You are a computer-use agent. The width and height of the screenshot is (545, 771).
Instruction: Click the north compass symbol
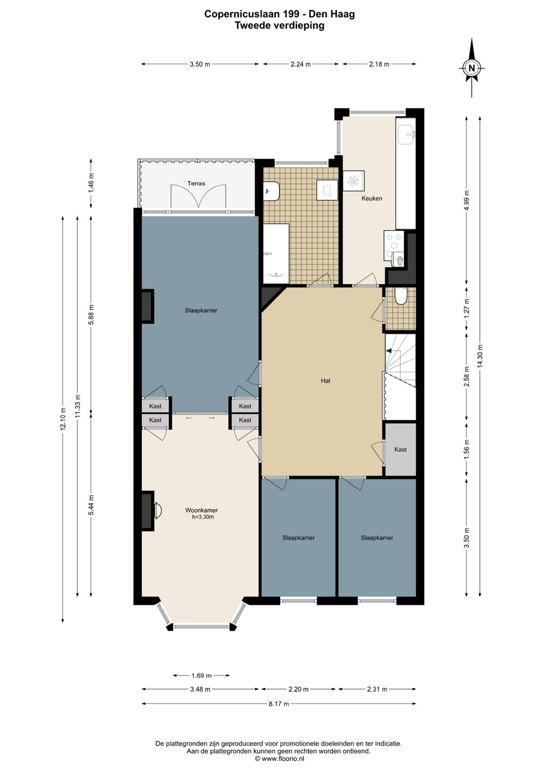click(x=472, y=68)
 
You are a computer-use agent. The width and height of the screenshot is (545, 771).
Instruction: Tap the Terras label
click(x=196, y=184)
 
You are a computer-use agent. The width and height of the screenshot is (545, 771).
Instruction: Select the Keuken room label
click(x=372, y=198)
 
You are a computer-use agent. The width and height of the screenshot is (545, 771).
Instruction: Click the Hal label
click(x=326, y=381)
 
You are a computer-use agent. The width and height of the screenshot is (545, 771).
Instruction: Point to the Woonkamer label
click(x=201, y=510)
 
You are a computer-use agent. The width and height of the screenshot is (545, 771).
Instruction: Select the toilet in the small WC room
click(x=400, y=297)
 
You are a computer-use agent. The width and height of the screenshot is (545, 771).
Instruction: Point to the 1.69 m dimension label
click(x=201, y=675)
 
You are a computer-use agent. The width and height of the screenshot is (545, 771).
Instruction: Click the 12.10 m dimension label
click(x=63, y=419)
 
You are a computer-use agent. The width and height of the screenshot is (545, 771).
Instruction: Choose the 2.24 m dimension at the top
click(x=301, y=64)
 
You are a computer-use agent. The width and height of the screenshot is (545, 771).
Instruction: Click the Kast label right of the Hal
click(x=400, y=449)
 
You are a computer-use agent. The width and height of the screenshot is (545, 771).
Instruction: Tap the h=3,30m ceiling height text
click(x=203, y=517)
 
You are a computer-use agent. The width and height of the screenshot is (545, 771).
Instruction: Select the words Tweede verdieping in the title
click(x=279, y=26)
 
